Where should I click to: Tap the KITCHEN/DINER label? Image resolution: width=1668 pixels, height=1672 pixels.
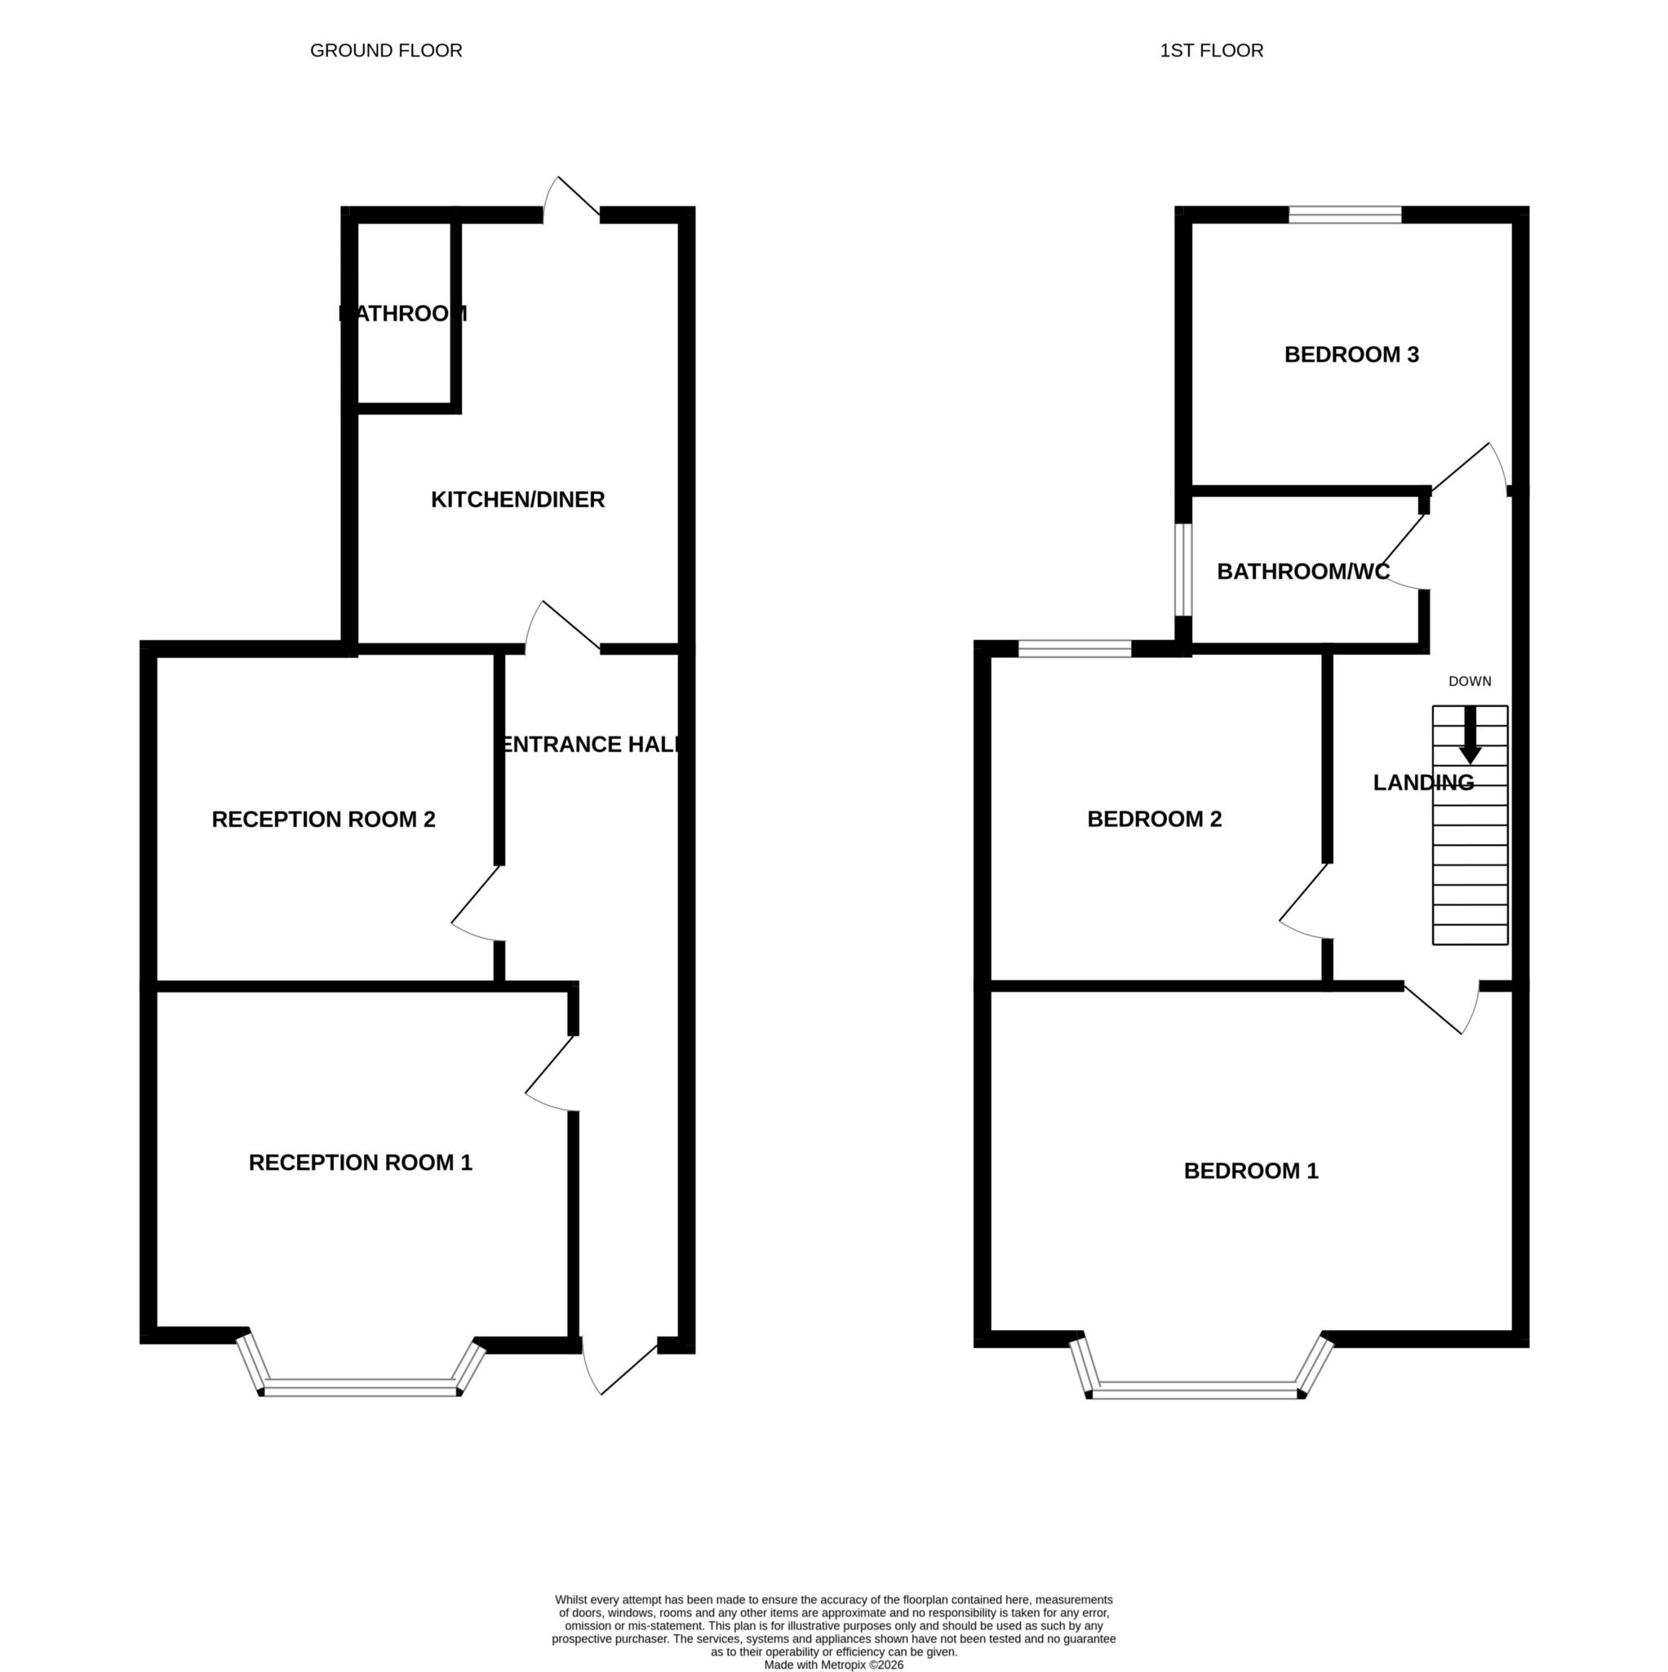point(517,500)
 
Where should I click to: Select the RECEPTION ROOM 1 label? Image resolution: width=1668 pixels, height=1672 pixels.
point(360,1163)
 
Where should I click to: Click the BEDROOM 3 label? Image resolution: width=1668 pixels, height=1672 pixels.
point(1351,354)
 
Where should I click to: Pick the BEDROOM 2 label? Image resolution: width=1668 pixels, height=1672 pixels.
point(1153,819)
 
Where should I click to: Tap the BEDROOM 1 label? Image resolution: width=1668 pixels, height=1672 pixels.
point(1250,1171)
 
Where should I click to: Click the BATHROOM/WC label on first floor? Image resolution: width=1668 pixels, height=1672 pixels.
point(1302,571)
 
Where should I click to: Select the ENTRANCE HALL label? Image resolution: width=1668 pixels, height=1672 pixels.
point(592,745)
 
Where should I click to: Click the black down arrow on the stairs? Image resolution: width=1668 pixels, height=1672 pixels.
point(1470,736)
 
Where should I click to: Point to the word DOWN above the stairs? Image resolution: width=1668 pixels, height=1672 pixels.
point(1469,681)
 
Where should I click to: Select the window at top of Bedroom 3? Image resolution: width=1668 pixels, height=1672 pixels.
point(1344,215)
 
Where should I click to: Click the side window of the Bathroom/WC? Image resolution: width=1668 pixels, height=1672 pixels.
point(1182,568)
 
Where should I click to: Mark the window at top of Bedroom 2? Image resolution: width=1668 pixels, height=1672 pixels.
point(1074,648)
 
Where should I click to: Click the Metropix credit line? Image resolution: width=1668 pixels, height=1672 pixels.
point(833,1664)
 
